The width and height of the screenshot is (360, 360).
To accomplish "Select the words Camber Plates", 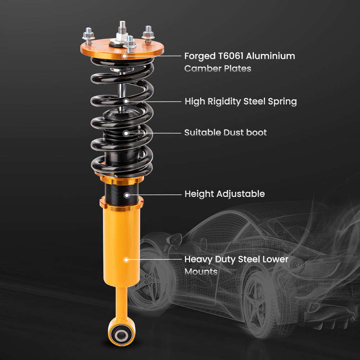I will click(x=217, y=68).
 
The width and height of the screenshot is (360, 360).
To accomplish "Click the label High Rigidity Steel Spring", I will click(x=240, y=102).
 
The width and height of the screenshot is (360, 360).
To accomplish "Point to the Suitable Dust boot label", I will click(x=225, y=132).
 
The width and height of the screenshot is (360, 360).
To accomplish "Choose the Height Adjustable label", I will click(x=224, y=194).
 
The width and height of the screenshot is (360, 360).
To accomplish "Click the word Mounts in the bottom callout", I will click(x=201, y=271).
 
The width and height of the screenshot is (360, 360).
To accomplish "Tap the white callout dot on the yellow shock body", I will click(x=126, y=259).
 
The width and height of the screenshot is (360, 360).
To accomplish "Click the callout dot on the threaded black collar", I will click(x=126, y=195).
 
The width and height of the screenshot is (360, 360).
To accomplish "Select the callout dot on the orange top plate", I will click(x=124, y=56).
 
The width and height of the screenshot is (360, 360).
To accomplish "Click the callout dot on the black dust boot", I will click(x=126, y=133).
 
